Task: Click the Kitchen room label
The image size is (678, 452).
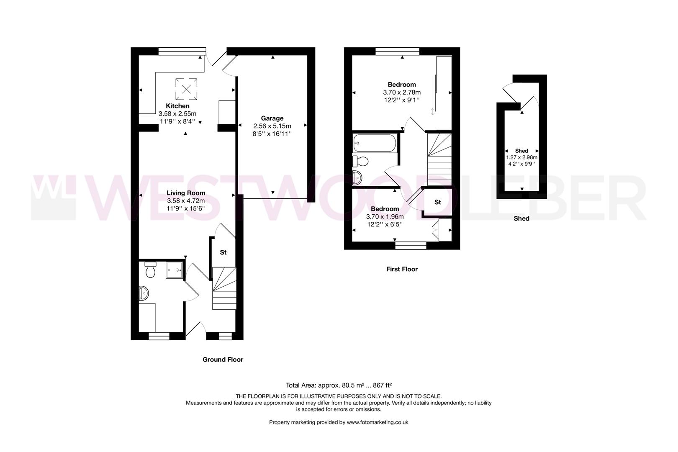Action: pyautogui.click(x=177, y=106)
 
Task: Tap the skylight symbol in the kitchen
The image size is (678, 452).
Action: pyautogui.click(x=186, y=89)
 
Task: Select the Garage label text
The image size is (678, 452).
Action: pyautogui.click(x=272, y=118)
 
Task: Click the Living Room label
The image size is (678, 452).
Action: pyautogui.click(x=186, y=193)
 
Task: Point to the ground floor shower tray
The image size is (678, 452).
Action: pyautogui.click(x=175, y=270)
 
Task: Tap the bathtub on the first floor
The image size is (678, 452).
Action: pyautogui.click(x=374, y=143)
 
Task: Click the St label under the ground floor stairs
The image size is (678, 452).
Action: pyautogui.click(x=223, y=252)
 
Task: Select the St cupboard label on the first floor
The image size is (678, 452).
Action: pyautogui.click(x=437, y=202)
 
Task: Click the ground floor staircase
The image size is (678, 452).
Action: pyautogui.click(x=224, y=289)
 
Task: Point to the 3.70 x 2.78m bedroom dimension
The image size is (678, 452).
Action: pyautogui.click(x=401, y=92)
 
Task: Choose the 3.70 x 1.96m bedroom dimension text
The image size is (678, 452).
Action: pyautogui.click(x=385, y=217)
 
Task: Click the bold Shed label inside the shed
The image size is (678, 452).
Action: pyautogui.click(x=521, y=151)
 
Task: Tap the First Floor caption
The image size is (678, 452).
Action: pyautogui.click(x=402, y=269)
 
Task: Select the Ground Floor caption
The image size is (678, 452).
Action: pyautogui.click(x=223, y=360)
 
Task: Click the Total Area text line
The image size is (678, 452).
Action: pyautogui.click(x=339, y=385)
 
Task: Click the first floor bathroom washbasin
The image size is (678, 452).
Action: pyautogui.click(x=357, y=177)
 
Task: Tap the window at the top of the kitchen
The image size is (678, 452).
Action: pyautogui.click(x=179, y=51)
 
